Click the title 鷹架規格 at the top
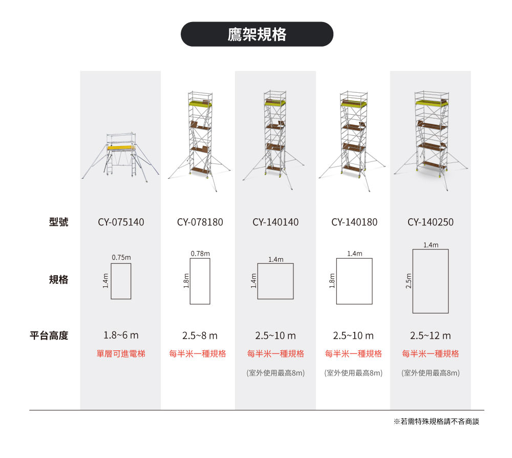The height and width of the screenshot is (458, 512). pyautogui.click(x=257, y=34)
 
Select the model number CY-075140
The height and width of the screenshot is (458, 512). pyautogui.click(x=121, y=222)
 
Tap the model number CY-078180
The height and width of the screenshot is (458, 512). pyautogui.click(x=200, y=222)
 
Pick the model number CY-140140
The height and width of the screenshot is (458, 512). pyautogui.click(x=275, y=222)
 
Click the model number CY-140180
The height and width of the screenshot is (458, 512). pyautogui.click(x=354, y=222)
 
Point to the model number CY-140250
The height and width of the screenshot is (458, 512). pyautogui.click(x=431, y=222)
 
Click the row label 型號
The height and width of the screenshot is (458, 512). pyautogui.click(x=58, y=222)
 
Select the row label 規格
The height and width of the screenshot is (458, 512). pyautogui.click(x=58, y=280)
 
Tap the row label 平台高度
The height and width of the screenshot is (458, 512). pyautogui.click(x=49, y=336)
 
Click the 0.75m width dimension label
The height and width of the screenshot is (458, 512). pyautogui.click(x=121, y=257)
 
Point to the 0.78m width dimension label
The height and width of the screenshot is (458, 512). pyautogui.click(x=200, y=254)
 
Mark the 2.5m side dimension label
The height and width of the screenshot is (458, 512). pyautogui.click(x=408, y=281)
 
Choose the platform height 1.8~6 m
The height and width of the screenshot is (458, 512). pyautogui.click(x=121, y=335)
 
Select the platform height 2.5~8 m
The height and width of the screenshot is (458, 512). pyautogui.click(x=200, y=336)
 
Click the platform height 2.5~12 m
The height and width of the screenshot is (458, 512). pyautogui.click(x=431, y=336)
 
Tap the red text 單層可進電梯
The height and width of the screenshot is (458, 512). pyautogui.click(x=121, y=354)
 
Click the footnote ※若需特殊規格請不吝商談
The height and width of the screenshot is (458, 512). pyautogui.click(x=436, y=422)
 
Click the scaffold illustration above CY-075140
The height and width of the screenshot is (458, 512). pyautogui.click(x=120, y=157)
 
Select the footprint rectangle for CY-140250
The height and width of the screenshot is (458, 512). pyautogui.click(x=431, y=281)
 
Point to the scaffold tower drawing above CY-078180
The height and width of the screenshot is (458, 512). pyautogui.click(x=199, y=141)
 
